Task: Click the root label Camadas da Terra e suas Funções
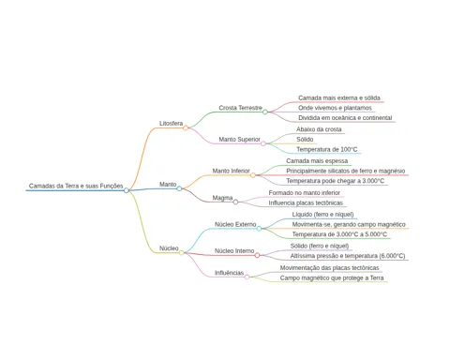pyautogui.click(x=76, y=186)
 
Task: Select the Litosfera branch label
pyautogui.click(x=171, y=124)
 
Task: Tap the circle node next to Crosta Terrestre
pyautogui.click(x=265, y=112)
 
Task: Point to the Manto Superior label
pyautogui.click(x=239, y=140)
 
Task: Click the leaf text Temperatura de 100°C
pyautogui.click(x=327, y=149)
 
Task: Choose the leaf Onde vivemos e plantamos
pyautogui.click(x=335, y=108)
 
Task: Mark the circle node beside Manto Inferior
pyautogui.click(x=253, y=175)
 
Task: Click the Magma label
pyautogui.click(x=222, y=198)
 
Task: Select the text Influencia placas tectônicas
pyautogui.click(x=306, y=203)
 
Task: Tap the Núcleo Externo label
pyautogui.click(x=235, y=224)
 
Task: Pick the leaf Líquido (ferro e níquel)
pyautogui.click(x=322, y=215)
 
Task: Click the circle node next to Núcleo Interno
pyautogui.click(x=257, y=255)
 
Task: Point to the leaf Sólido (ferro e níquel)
pyautogui.click(x=320, y=246)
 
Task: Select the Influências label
pyautogui.click(x=229, y=273)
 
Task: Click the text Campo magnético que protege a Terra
pyautogui.click(x=332, y=277)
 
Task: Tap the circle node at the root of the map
pyautogui.click(x=127, y=190)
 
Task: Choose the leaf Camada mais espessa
pyautogui.click(x=317, y=161)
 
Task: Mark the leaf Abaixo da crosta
pyautogui.click(x=319, y=129)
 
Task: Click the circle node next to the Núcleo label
pyautogui.click(x=182, y=252)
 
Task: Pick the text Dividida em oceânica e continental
pyautogui.click(x=345, y=118)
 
